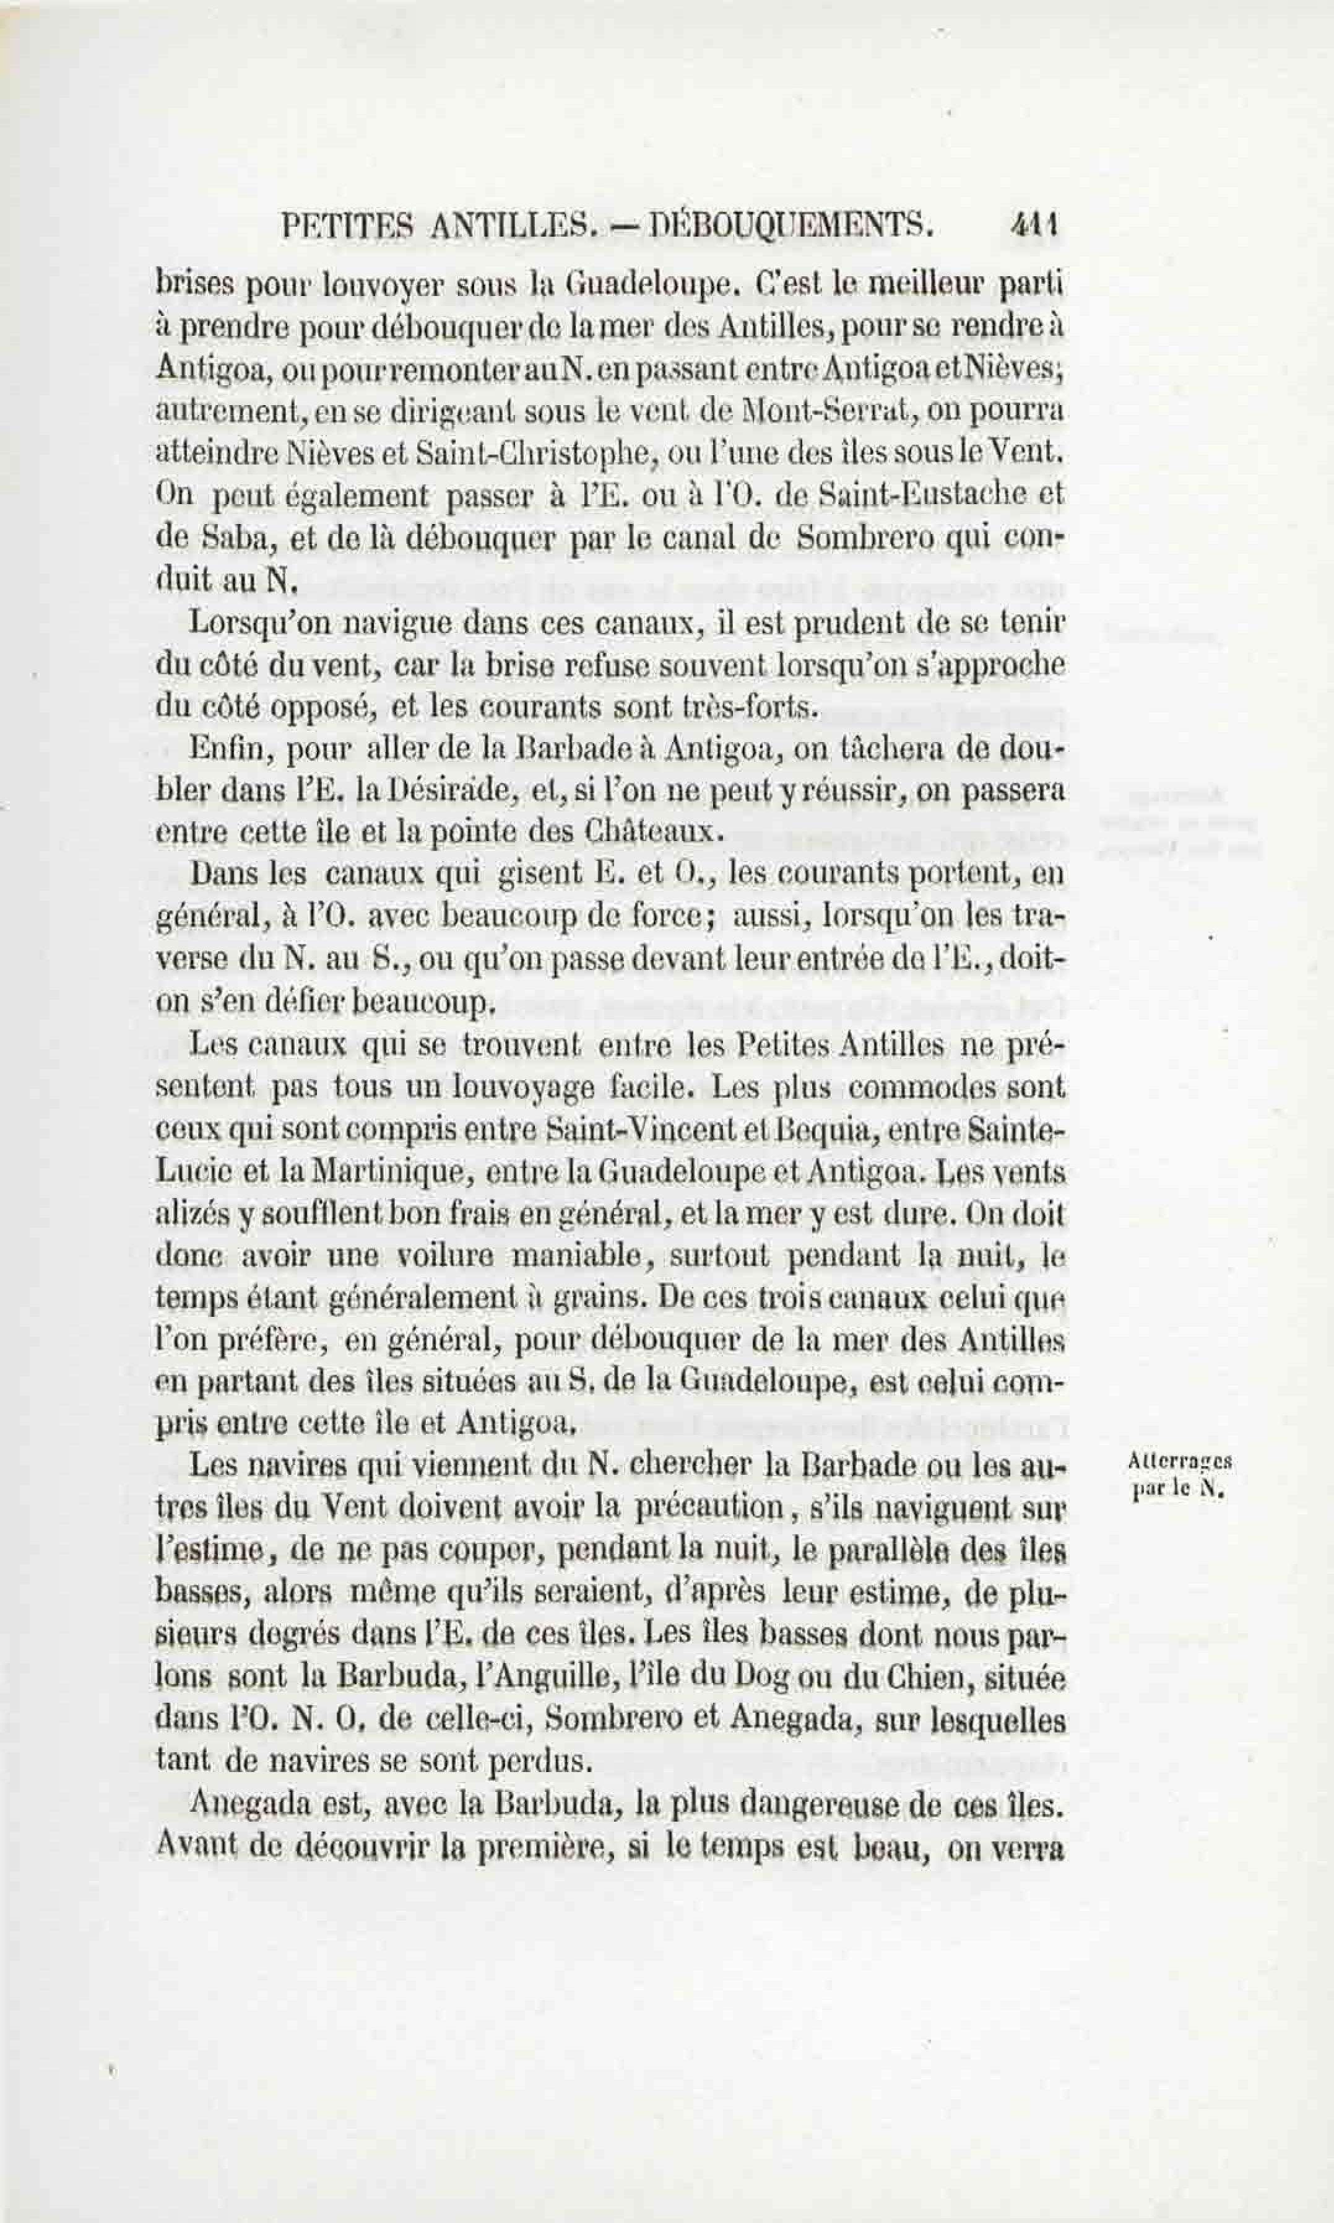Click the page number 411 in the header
1036,224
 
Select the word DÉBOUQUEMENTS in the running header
791,224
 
